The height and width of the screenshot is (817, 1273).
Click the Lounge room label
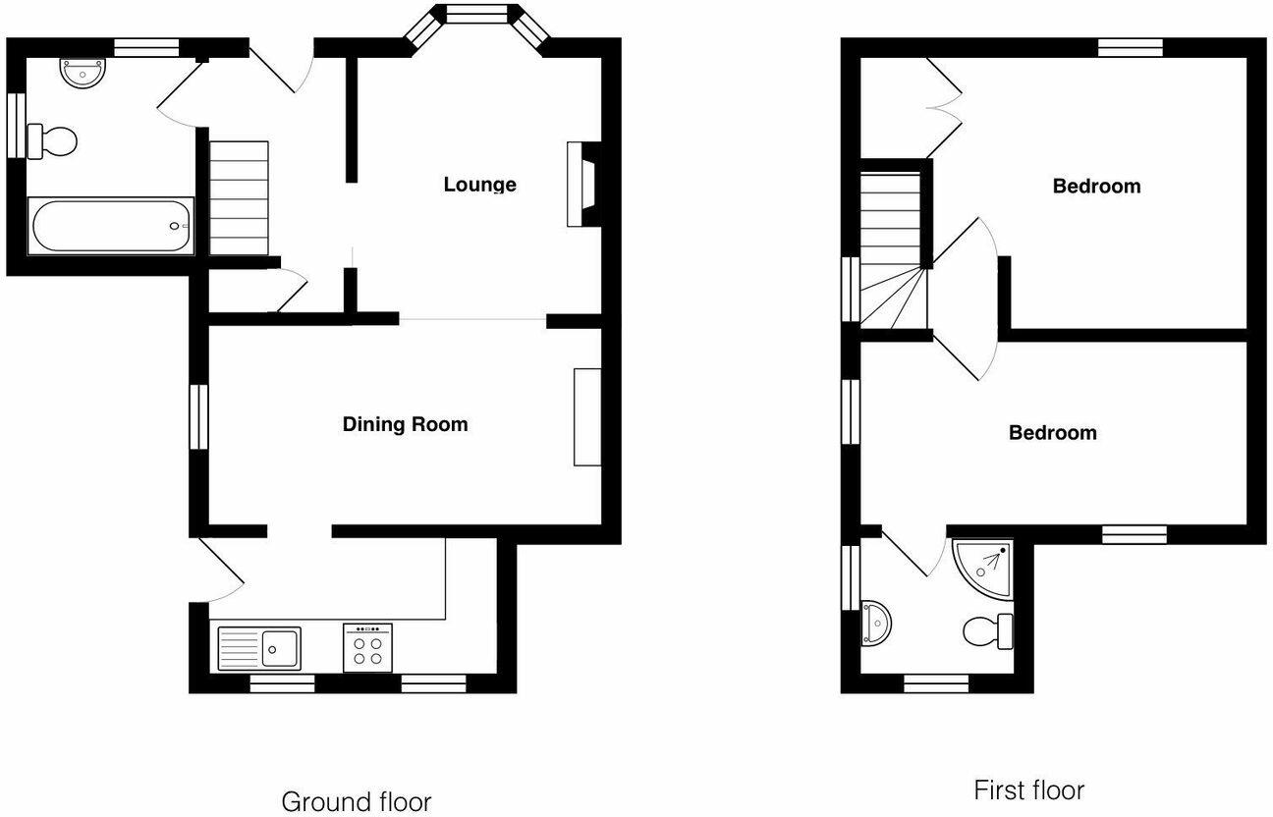click(x=479, y=185)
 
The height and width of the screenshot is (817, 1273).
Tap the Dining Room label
click(x=405, y=424)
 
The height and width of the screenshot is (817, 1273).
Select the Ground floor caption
click(x=356, y=801)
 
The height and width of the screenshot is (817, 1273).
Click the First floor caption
click(x=1028, y=790)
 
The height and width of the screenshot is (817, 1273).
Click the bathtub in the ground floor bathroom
click(x=110, y=226)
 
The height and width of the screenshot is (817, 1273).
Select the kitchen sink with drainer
click(x=260, y=648)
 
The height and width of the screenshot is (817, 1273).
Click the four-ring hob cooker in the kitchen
click(x=368, y=648)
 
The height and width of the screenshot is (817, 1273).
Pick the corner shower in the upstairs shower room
click(x=984, y=567)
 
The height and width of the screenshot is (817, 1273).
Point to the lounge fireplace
click(x=580, y=185)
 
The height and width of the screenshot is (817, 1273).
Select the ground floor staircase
click(x=239, y=196)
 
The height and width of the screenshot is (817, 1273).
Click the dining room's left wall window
click(x=199, y=416)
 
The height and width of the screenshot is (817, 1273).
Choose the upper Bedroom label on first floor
click(x=1096, y=186)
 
